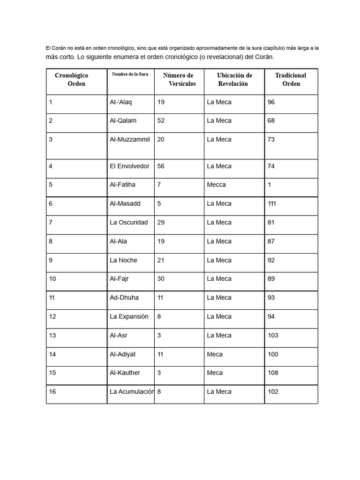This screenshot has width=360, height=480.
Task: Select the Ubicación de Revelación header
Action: point(234,79)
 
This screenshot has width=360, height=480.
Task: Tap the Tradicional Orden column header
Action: point(291,79)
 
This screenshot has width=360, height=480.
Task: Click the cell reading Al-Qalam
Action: point(123,120)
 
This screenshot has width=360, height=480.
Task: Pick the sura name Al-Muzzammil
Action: point(130,139)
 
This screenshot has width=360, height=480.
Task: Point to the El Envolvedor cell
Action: point(129,166)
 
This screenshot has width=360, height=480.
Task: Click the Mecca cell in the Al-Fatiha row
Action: point(216,185)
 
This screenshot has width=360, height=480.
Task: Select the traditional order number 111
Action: point(272,203)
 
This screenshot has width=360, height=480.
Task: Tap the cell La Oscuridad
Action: point(128,222)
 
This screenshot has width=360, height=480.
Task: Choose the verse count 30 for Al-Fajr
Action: point(161,278)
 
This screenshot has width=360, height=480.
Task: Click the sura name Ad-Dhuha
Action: point(124,297)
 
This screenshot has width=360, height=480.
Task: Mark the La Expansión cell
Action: point(129,316)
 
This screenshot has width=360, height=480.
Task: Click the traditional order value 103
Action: point(273,335)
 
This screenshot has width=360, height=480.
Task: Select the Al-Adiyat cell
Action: point(122,354)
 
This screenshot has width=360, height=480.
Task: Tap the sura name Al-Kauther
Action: point(125,373)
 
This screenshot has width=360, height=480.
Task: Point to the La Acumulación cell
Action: point(131,391)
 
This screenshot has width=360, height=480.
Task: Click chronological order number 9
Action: point(51,260)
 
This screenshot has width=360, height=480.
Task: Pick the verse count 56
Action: point(161,166)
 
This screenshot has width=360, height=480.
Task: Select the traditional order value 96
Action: point(271,102)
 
